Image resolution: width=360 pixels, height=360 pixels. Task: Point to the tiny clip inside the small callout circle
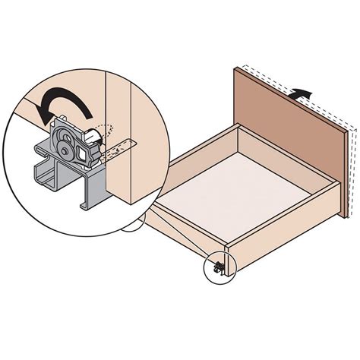[219, 267]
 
